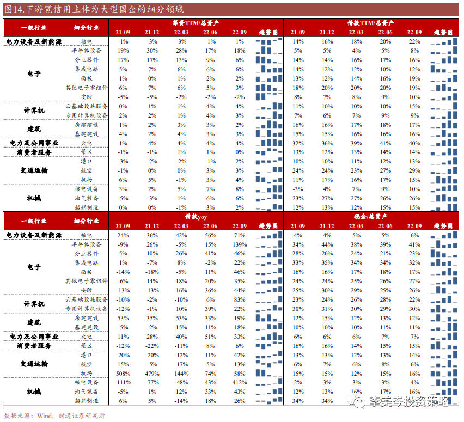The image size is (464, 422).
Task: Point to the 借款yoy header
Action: click(x=195, y=217)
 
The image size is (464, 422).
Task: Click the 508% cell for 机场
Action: click(x=123, y=374)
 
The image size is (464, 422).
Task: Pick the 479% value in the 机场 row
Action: click(x=152, y=374)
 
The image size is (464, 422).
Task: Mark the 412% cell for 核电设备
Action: click(x=240, y=382)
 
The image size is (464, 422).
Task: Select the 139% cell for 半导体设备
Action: click(x=240, y=244)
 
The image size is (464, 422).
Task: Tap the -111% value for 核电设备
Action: click(x=123, y=382)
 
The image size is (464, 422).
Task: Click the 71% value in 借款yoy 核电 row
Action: click(x=240, y=235)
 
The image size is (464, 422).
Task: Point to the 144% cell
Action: click(x=181, y=374)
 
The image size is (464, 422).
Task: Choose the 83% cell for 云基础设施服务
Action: click(x=240, y=299)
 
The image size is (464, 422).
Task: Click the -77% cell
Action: click(x=152, y=382)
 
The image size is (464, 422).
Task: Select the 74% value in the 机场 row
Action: click(x=211, y=374)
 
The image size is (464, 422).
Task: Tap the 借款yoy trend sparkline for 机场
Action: click(x=269, y=374)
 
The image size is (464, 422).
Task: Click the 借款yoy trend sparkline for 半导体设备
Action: click(x=269, y=244)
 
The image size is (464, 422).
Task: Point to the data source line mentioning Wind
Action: click(x=54, y=416)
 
